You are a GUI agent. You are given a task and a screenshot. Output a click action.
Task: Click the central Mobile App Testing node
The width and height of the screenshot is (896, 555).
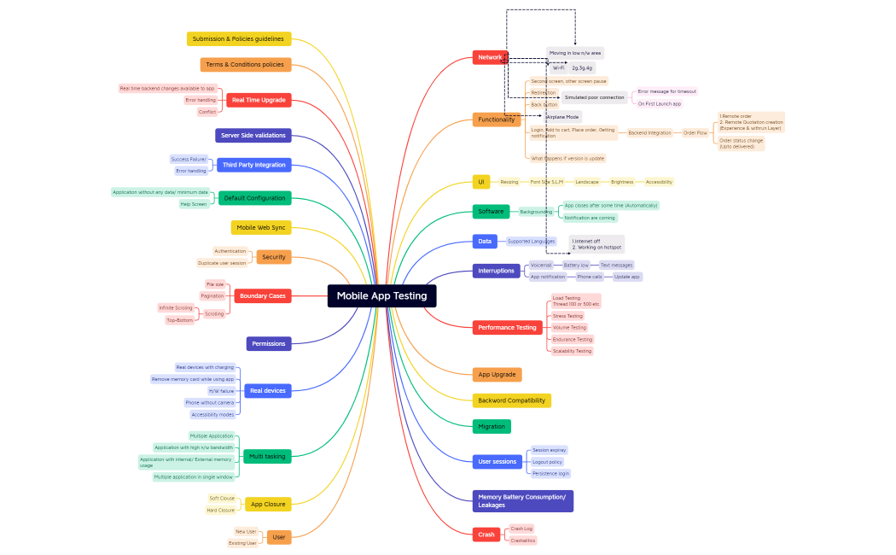tap(381, 295)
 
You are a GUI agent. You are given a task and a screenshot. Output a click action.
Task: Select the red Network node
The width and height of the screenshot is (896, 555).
tap(490, 57)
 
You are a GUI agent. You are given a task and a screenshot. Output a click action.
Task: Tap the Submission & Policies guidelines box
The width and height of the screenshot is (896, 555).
tap(239, 38)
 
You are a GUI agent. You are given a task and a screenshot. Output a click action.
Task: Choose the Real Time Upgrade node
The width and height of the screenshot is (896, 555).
tap(259, 100)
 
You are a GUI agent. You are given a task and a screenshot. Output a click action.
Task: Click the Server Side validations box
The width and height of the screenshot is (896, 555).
tap(253, 135)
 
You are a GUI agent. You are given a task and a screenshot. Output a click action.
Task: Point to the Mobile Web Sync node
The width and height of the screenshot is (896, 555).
tap(261, 227)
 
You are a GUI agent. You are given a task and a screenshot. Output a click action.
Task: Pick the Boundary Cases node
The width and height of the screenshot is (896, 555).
tap(262, 295)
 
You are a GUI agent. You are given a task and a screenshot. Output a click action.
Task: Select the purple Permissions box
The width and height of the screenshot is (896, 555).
tap(269, 343)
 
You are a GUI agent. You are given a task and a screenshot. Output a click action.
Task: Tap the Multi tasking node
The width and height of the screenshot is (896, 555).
tap(267, 456)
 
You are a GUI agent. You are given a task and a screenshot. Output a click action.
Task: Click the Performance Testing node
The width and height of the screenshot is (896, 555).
tap(507, 327)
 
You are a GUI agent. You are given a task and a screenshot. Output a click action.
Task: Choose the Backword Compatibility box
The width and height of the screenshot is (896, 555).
tap(512, 400)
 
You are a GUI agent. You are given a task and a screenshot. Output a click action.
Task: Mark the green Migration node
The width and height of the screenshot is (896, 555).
tap(492, 426)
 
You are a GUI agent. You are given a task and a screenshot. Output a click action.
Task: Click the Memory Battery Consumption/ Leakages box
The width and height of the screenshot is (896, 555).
tap(522, 500)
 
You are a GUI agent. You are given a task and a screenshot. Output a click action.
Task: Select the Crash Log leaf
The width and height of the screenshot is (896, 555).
tap(521, 529)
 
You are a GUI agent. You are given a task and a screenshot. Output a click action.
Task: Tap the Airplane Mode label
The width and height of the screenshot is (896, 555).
tap(563, 116)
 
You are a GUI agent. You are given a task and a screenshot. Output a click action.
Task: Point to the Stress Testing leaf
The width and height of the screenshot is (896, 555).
tap(567, 316)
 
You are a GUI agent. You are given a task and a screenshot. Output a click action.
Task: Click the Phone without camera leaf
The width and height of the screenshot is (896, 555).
tap(210, 402)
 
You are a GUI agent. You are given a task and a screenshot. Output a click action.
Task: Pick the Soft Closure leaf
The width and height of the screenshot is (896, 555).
tap(222, 498)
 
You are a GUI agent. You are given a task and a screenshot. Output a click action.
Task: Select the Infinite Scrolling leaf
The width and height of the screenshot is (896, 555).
tap(176, 307)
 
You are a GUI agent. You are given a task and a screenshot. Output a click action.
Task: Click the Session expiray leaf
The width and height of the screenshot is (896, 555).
tap(549, 450)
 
